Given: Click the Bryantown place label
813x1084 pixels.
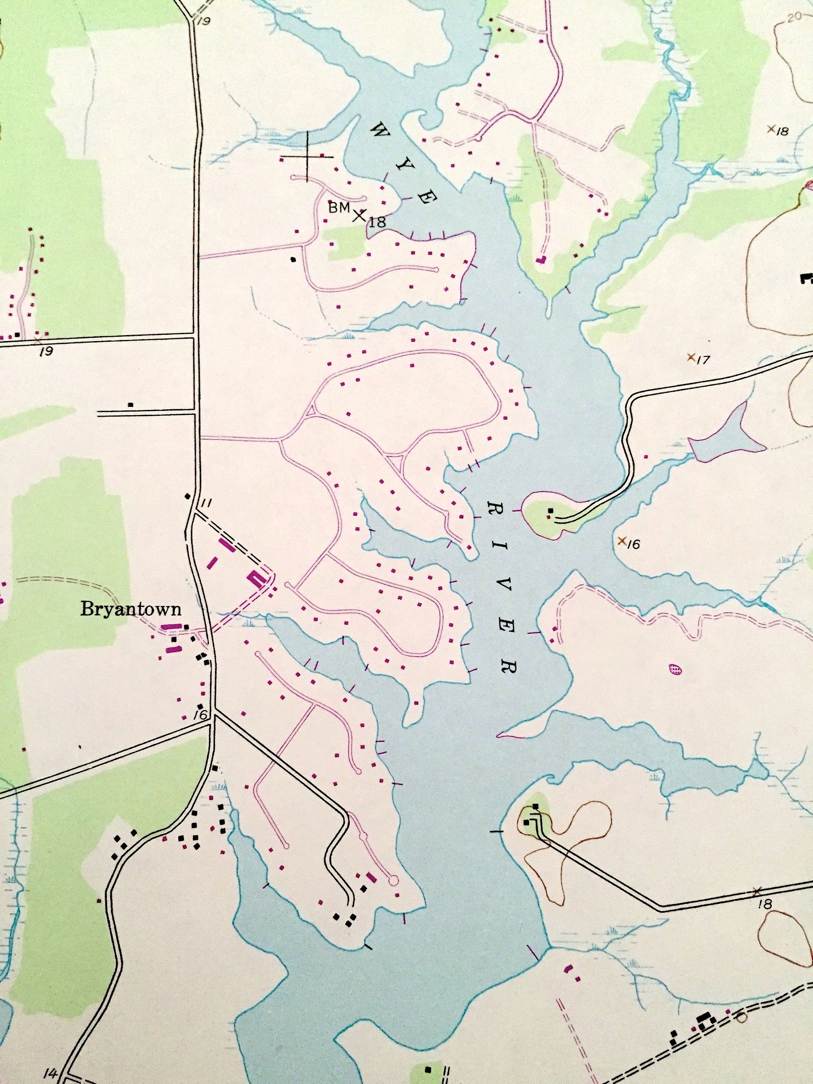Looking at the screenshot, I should (x=131, y=609).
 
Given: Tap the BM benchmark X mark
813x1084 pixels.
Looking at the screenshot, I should (x=359, y=215).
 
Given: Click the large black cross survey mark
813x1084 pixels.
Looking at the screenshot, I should (x=307, y=157).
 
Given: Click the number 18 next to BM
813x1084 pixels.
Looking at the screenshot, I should (x=377, y=222).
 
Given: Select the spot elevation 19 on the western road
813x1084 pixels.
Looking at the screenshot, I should (x=46, y=351).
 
